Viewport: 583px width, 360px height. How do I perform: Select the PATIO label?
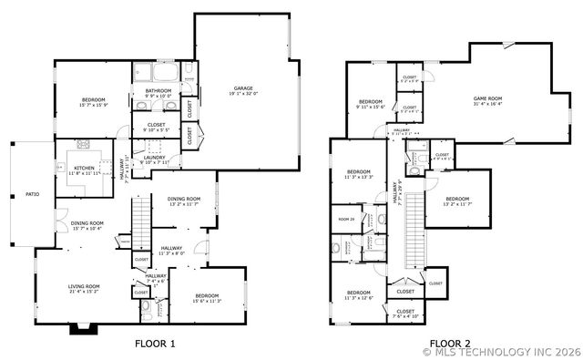click(x=32, y=194)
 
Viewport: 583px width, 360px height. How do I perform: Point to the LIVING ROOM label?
click(x=84, y=287)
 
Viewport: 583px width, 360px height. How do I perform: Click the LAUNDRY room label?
click(x=154, y=157)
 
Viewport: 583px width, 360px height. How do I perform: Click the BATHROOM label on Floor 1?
click(x=159, y=91)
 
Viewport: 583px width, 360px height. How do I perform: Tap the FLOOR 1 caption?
click(x=154, y=344)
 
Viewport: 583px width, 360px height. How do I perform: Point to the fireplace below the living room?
click(x=77, y=328)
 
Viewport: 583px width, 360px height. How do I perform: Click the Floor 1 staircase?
click(x=140, y=219)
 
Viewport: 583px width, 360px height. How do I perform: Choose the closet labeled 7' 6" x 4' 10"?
click(x=405, y=314)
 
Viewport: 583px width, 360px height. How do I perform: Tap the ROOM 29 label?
click(x=346, y=220)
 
